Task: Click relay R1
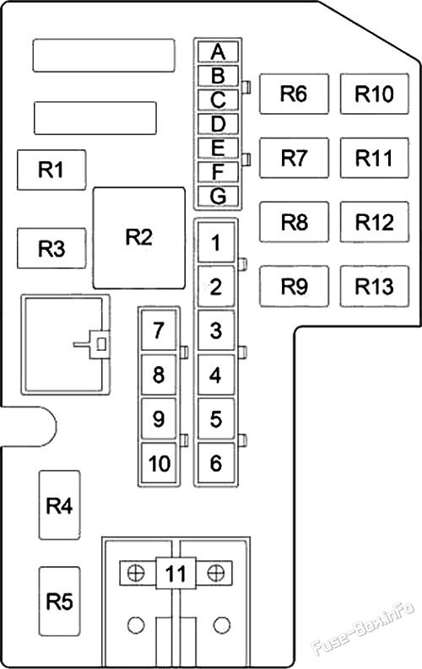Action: coord(51,170)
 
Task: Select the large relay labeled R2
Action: coord(138,237)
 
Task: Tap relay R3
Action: coord(51,249)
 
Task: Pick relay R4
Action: coord(59,506)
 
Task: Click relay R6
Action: coord(293,94)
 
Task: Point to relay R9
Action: coord(293,287)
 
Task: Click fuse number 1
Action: coord(217,244)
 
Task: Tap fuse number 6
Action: coord(217,462)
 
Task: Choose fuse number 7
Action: coord(159,331)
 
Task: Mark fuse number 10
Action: coord(159,462)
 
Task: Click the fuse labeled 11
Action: coord(175,575)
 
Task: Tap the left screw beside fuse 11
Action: coord(133,574)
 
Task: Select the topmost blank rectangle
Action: coord(103,55)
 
